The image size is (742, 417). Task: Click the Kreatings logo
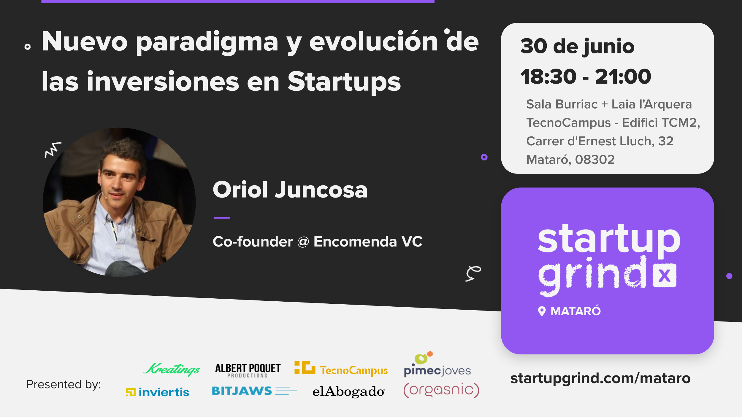point(171,369)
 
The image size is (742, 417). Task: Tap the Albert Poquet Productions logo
point(248,370)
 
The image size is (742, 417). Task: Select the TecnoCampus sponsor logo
point(341,369)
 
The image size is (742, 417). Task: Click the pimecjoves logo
point(437,365)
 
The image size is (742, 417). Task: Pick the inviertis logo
point(157,392)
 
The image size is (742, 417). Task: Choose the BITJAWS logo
point(254,391)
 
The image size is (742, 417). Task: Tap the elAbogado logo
point(349,391)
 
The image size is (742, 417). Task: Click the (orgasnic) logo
point(441,390)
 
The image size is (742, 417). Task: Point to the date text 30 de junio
point(577,47)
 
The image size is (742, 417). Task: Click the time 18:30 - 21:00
point(586,77)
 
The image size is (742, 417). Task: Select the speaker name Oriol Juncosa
point(290,190)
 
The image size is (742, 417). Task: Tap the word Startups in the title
point(344,82)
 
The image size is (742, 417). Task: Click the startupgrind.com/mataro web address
point(600,379)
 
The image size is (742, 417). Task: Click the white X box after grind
point(665,276)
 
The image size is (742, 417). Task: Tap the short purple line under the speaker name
point(222,218)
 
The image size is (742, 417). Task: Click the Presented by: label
point(64,385)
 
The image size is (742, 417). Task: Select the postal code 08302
point(595,160)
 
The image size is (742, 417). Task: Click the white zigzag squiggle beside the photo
point(53,150)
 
